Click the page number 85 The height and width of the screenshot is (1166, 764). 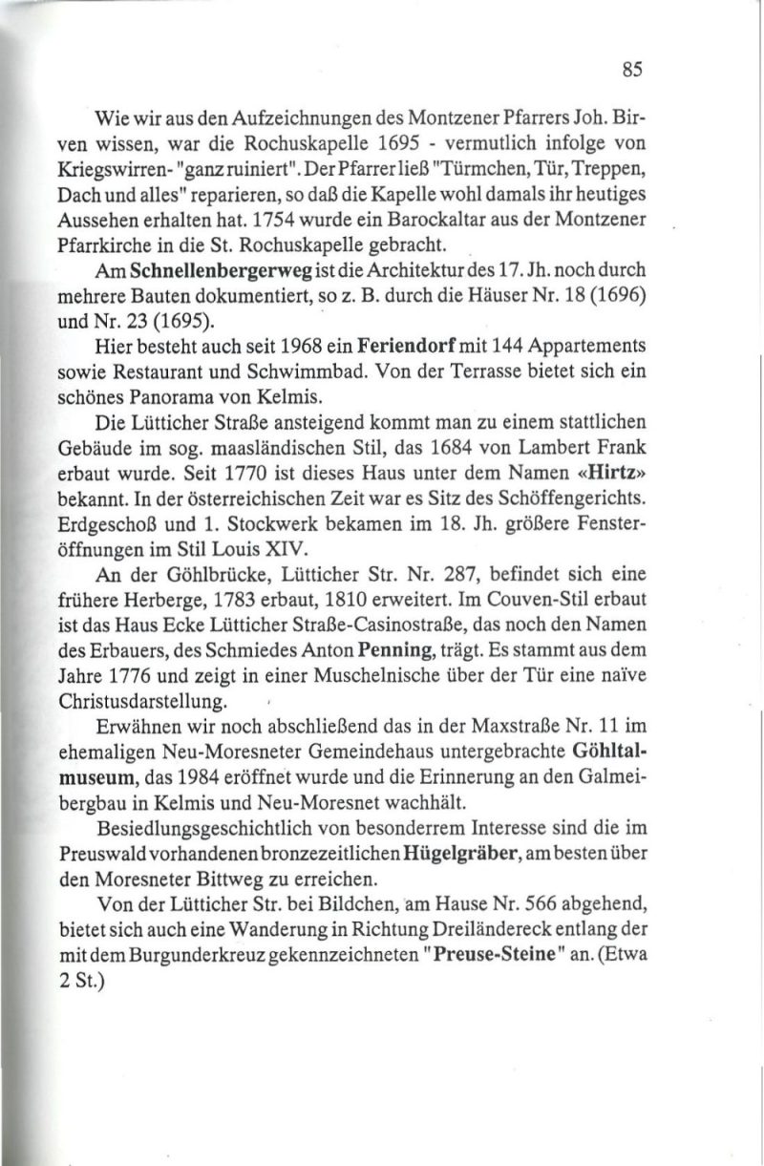(631, 70)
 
